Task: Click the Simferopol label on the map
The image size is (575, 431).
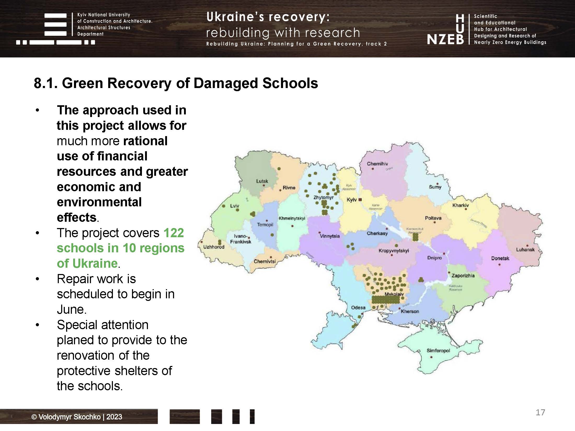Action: (x=438, y=351)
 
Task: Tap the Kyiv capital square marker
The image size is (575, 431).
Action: (x=360, y=200)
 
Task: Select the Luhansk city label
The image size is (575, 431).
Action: (x=525, y=250)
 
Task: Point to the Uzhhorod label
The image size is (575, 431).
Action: (x=214, y=247)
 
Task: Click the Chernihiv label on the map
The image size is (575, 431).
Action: (x=377, y=164)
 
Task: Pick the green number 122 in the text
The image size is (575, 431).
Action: (x=174, y=233)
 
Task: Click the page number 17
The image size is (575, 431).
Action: (x=540, y=412)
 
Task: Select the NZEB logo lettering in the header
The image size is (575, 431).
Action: (x=445, y=40)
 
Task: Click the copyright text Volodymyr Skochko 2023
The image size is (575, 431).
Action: (x=77, y=417)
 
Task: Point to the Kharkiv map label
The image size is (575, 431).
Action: (x=461, y=205)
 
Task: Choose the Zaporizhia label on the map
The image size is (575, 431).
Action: (x=463, y=275)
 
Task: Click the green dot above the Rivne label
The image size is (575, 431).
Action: (x=279, y=169)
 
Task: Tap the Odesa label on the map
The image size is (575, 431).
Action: (x=358, y=307)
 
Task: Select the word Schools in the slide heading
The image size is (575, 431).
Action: (x=290, y=83)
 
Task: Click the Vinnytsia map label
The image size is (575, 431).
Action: (x=330, y=236)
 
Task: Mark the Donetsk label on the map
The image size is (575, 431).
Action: (x=500, y=259)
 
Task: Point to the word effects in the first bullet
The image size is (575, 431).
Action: (x=77, y=218)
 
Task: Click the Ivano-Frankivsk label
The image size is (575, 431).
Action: (x=240, y=239)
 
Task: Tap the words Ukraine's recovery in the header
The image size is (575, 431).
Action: (x=268, y=17)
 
